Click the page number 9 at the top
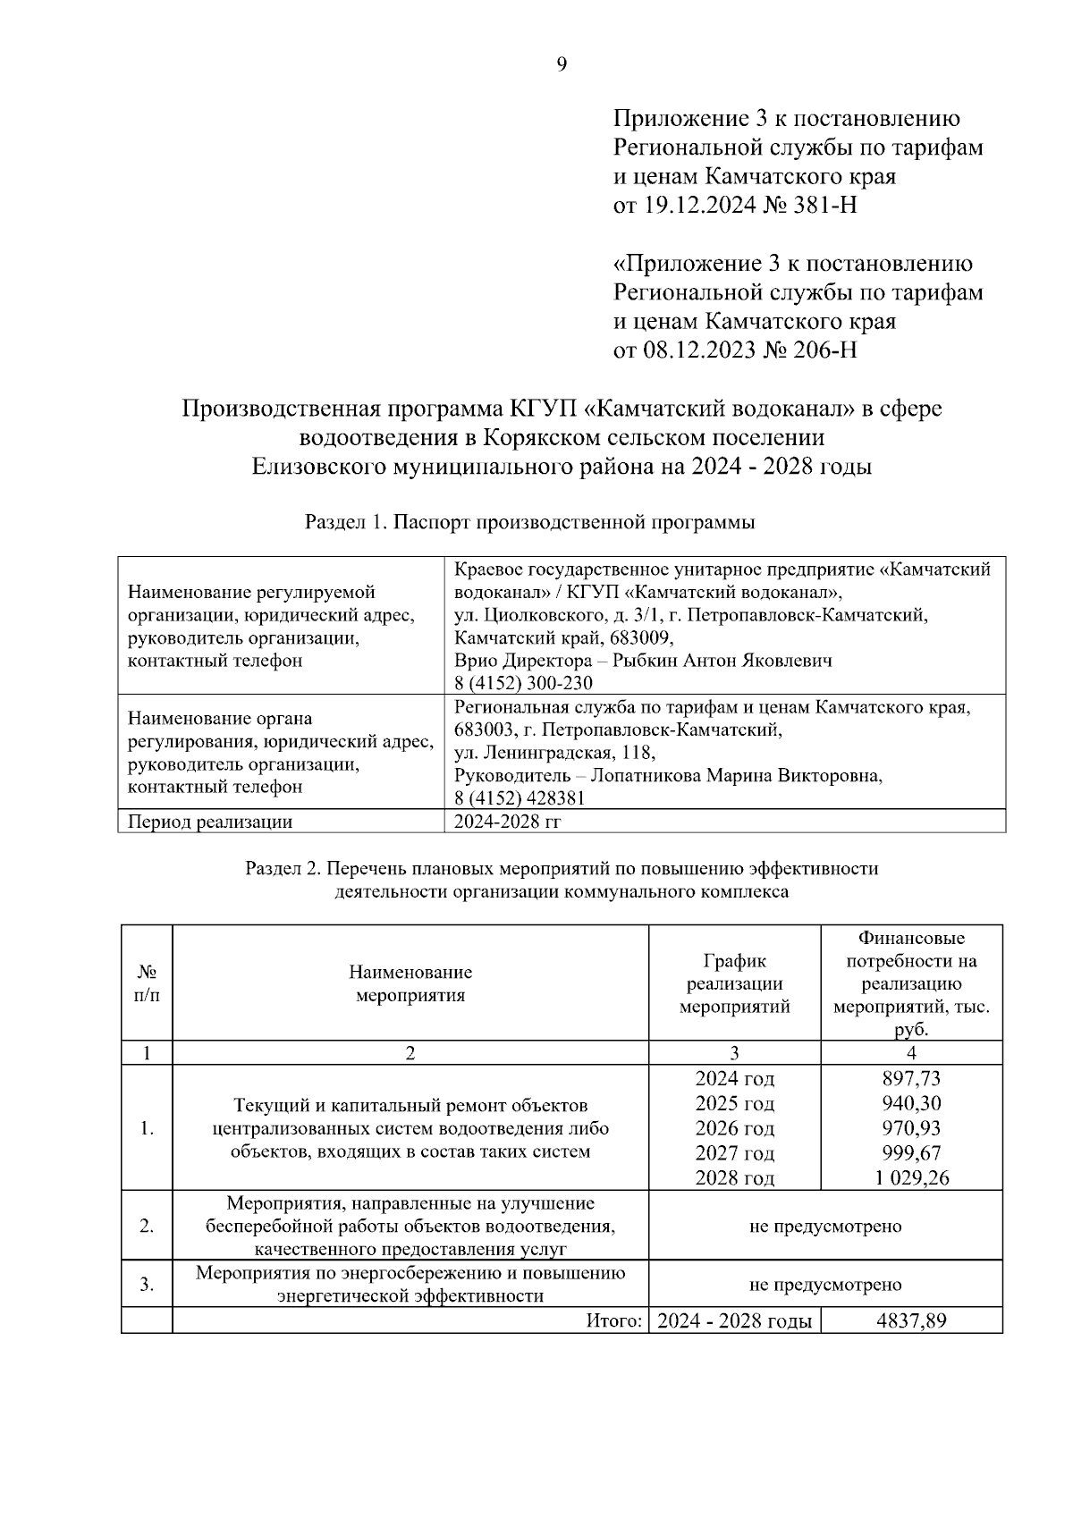(x=562, y=63)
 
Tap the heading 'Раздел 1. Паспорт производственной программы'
(x=529, y=523)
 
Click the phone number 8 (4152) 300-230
(x=523, y=684)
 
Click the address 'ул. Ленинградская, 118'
(x=554, y=753)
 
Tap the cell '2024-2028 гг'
(x=507, y=822)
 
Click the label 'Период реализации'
(x=210, y=822)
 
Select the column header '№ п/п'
(x=147, y=983)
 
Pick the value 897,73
(x=911, y=1079)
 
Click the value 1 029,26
(x=911, y=1178)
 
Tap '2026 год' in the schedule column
(x=734, y=1128)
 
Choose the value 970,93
(x=911, y=1128)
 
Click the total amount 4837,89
(x=911, y=1321)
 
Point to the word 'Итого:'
(x=614, y=1321)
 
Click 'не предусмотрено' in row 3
(x=824, y=1285)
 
